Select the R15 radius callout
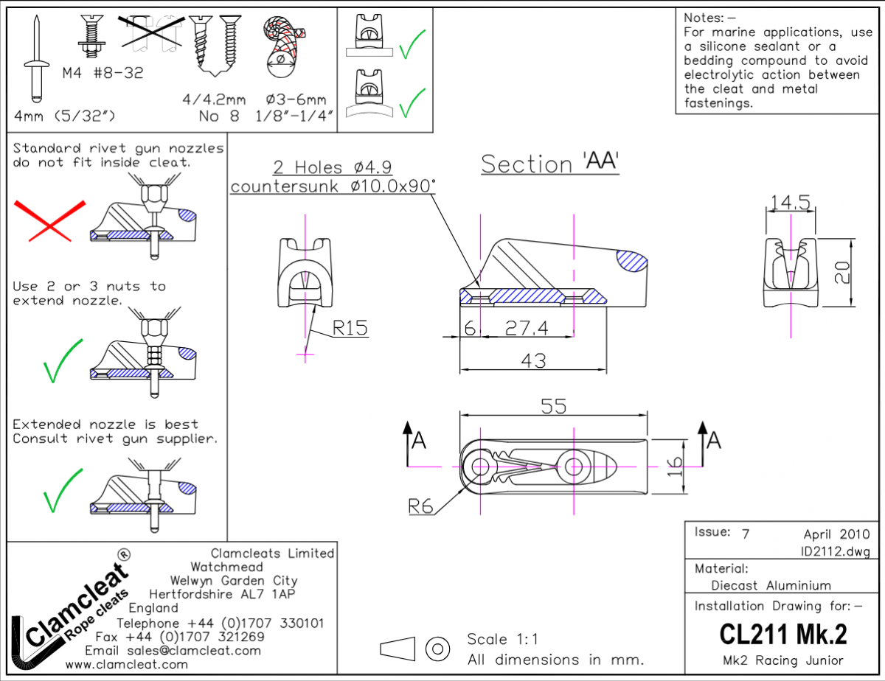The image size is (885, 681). (350, 327)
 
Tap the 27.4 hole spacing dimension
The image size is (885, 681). (527, 328)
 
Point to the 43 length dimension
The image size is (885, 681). (532, 360)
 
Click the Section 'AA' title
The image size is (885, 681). (549, 164)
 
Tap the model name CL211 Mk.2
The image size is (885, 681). (782, 633)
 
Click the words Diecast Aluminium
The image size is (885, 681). (771, 585)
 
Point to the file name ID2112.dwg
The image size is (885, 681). (835, 551)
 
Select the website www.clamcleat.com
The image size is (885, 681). (126, 664)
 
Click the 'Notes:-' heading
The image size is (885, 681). (709, 18)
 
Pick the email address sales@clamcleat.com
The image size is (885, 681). (173, 650)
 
